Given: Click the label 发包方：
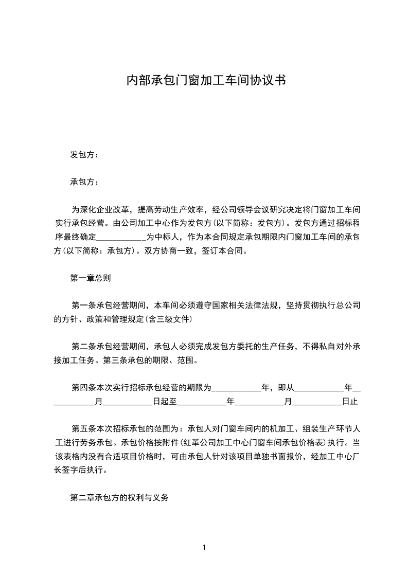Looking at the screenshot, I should click(84, 155).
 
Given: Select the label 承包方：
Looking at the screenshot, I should click(84, 182).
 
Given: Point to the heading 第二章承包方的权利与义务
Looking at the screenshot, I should click(119, 498).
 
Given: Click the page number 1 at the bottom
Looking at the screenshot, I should click(204, 548).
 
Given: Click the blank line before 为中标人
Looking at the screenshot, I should click(121, 238).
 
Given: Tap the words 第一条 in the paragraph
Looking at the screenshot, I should click(82, 305).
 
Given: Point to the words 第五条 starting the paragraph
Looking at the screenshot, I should click(82, 428).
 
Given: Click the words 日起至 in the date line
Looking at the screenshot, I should click(165, 401).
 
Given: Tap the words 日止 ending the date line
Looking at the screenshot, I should click(349, 401).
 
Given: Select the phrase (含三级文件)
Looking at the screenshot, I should click(169, 319).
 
